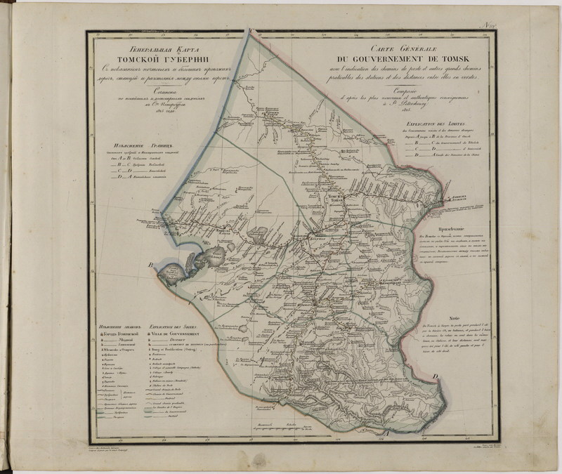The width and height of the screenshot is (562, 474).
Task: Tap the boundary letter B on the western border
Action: coord(150,265)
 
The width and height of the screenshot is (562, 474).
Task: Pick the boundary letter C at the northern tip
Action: coord(249,28)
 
